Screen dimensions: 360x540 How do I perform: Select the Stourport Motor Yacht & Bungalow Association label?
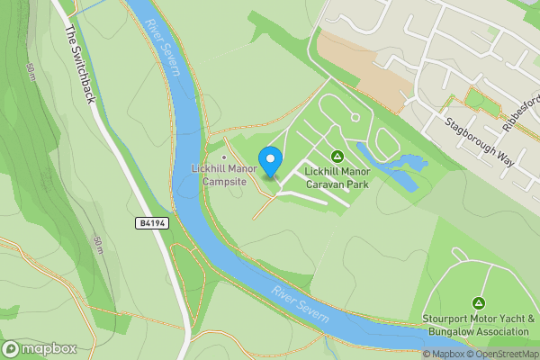[x=479, y=325]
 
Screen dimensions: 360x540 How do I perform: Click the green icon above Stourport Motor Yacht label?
[x=479, y=303]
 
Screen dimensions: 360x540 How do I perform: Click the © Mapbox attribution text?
[x=443, y=354]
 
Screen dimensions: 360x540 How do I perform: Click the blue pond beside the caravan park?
[x=401, y=166]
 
